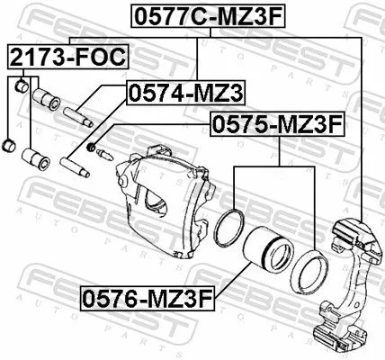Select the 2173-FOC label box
pyautogui.click(x=68, y=58)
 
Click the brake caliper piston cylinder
pyautogui.click(x=267, y=252)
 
